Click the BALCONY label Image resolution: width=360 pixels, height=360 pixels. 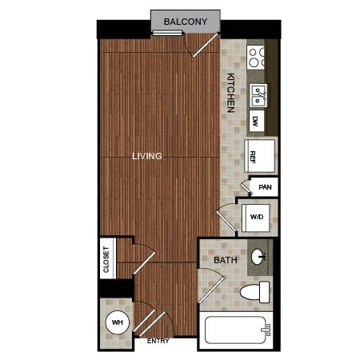pos(186,22)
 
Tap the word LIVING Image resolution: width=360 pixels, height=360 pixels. pos(147,156)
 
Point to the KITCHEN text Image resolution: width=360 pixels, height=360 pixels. pos(230,93)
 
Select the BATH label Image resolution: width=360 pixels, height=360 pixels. pos(226,260)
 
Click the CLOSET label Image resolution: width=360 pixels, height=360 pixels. pos(106,259)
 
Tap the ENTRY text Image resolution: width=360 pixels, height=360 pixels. pos(158,341)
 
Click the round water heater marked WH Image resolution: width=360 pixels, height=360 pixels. pos(118,322)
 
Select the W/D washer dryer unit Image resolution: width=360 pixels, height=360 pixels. pos(256,218)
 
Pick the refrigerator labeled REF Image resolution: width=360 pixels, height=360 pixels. pos(260,156)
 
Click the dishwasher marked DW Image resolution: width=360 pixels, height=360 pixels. pos(257,121)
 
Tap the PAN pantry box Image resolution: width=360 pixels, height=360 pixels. pos(264,187)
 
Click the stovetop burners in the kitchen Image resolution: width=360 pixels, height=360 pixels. pos(255,58)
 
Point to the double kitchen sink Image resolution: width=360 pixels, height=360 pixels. pos(258,96)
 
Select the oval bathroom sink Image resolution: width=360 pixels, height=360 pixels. pos(258,257)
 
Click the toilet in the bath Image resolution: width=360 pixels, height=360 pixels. pos(254,292)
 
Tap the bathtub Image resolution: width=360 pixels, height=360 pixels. pos(236,330)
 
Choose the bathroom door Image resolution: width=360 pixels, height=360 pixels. pos(211,286)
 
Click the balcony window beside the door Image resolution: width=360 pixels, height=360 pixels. pos(167,34)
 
